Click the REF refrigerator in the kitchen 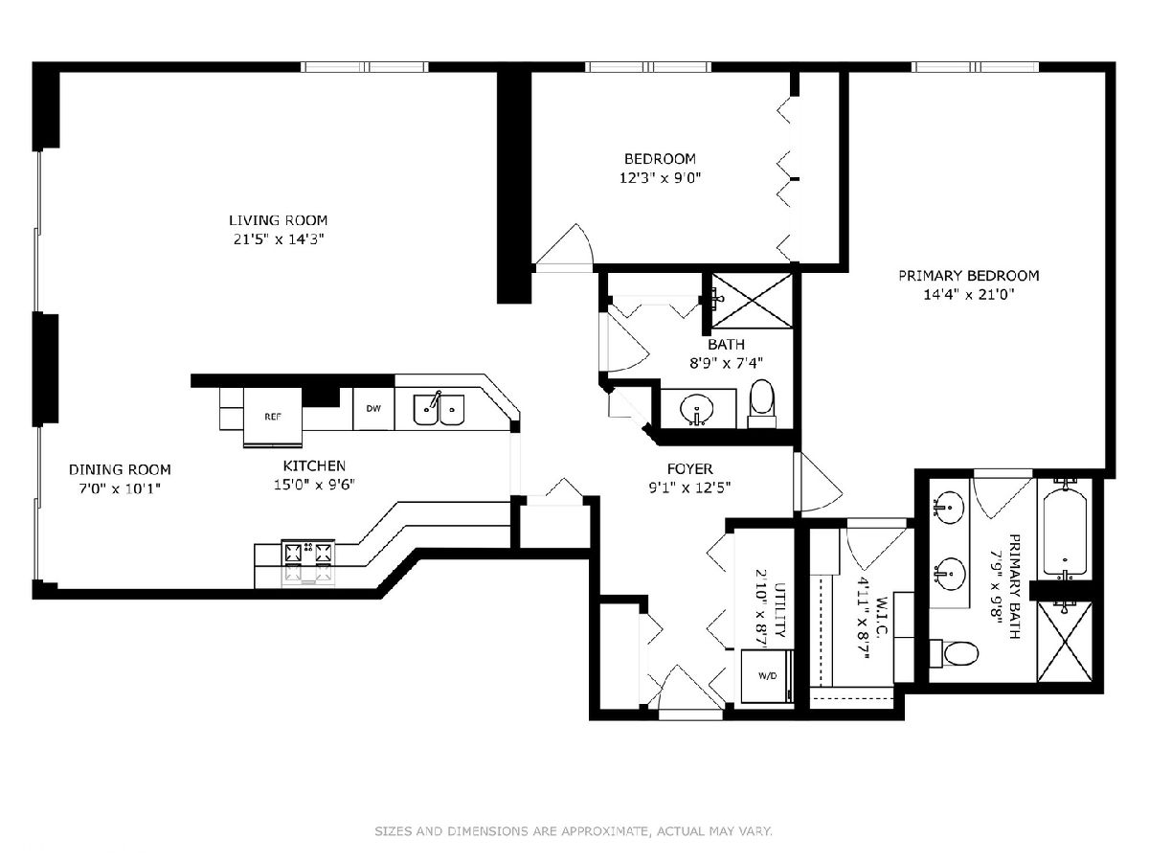tap(273, 418)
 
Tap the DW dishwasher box tap(373, 409)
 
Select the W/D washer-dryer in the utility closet tap(767, 675)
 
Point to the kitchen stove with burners tap(308, 562)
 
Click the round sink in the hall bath tap(697, 408)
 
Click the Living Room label tap(278, 220)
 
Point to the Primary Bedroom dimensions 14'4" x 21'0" tap(968, 295)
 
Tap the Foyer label tap(690, 468)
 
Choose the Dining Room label tap(120, 469)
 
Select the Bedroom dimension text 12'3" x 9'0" tap(660, 178)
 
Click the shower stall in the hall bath tap(752, 301)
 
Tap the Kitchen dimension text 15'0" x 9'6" tap(315, 486)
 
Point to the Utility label tap(779, 610)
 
